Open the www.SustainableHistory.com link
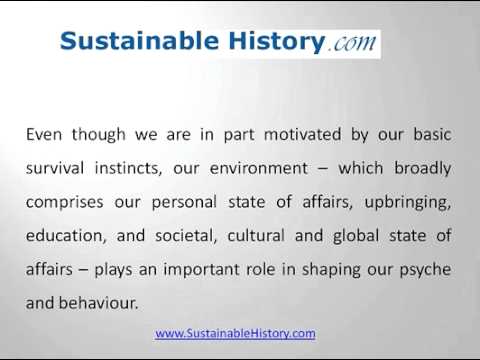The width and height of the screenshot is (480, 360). [236, 333]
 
